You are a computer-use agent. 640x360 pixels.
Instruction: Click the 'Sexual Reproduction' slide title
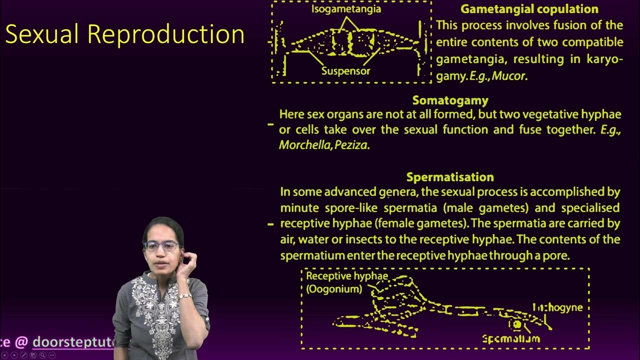[x=125, y=35]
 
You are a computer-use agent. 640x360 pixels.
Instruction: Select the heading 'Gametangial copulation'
[x=529, y=9]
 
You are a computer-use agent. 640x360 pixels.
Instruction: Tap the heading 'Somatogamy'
[x=450, y=100]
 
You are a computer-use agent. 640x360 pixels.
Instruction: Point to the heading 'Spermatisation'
[x=450, y=177]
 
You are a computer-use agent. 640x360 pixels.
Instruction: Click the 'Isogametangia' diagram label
[x=346, y=8]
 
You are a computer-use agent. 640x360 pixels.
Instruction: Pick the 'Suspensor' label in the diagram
[x=345, y=71]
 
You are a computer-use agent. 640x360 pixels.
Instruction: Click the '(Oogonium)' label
[x=334, y=288]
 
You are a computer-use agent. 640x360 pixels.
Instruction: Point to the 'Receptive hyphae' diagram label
[x=347, y=276]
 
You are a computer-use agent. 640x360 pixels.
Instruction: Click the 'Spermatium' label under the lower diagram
[x=511, y=338]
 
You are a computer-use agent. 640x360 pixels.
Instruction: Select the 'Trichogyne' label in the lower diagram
[x=557, y=307]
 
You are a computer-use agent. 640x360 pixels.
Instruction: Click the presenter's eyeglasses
[x=161, y=246]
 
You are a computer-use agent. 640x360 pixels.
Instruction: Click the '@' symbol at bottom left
[x=21, y=342]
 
